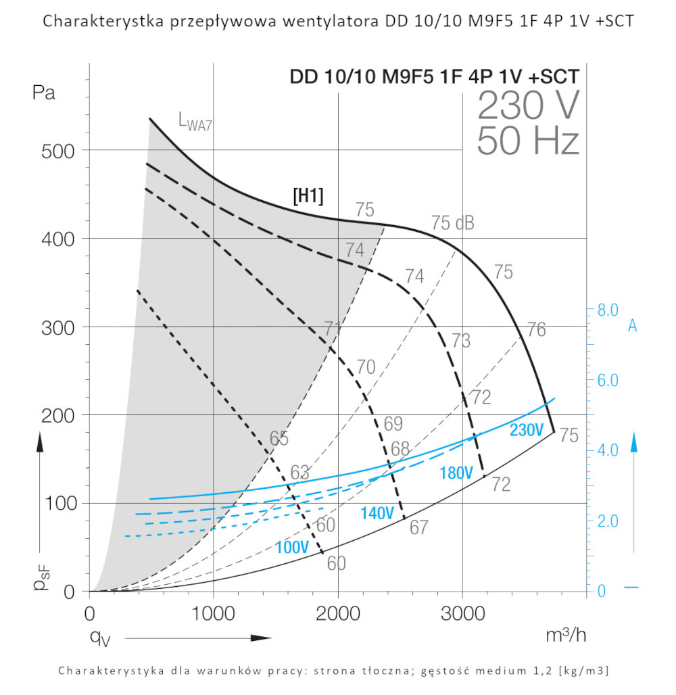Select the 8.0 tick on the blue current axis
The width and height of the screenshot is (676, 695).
pyautogui.click(x=608, y=310)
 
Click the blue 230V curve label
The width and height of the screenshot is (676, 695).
pyautogui.click(x=527, y=430)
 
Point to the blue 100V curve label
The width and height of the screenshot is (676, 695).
pyautogui.click(x=292, y=547)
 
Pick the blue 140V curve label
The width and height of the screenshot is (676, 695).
pyautogui.click(x=377, y=513)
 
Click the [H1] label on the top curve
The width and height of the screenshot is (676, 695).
pyautogui.click(x=308, y=196)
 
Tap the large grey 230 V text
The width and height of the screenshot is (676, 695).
pyautogui.click(x=528, y=106)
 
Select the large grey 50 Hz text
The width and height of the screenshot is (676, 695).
pyautogui.click(x=528, y=142)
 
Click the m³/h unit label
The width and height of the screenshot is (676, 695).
pyautogui.click(x=566, y=636)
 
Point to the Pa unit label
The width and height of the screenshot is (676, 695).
pyautogui.click(x=44, y=93)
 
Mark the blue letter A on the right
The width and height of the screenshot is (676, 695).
pyautogui.click(x=633, y=326)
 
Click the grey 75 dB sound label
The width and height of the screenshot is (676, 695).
pyautogui.click(x=452, y=222)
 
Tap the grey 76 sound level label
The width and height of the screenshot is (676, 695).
pyautogui.click(x=536, y=330)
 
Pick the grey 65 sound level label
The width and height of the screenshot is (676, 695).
pyautogui.click(x=279, y=438)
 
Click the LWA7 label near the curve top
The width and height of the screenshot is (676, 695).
pyautogui.click(x=195, y=122)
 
